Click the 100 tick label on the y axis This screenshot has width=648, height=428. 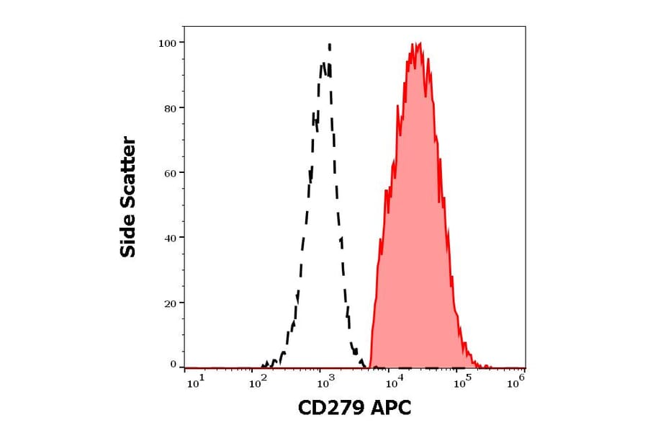click(x=167, y=43)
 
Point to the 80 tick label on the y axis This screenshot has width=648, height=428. click(x=170, y=108)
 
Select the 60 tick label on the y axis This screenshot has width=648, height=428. click(x=170, y=173)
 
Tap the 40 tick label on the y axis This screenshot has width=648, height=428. click(x=170, y=238)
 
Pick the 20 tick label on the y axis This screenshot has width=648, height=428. click(x=170, y=303)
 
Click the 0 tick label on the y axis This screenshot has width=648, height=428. click(x=174, y=365)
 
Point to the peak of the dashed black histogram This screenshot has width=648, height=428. click(x=329, y=45)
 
